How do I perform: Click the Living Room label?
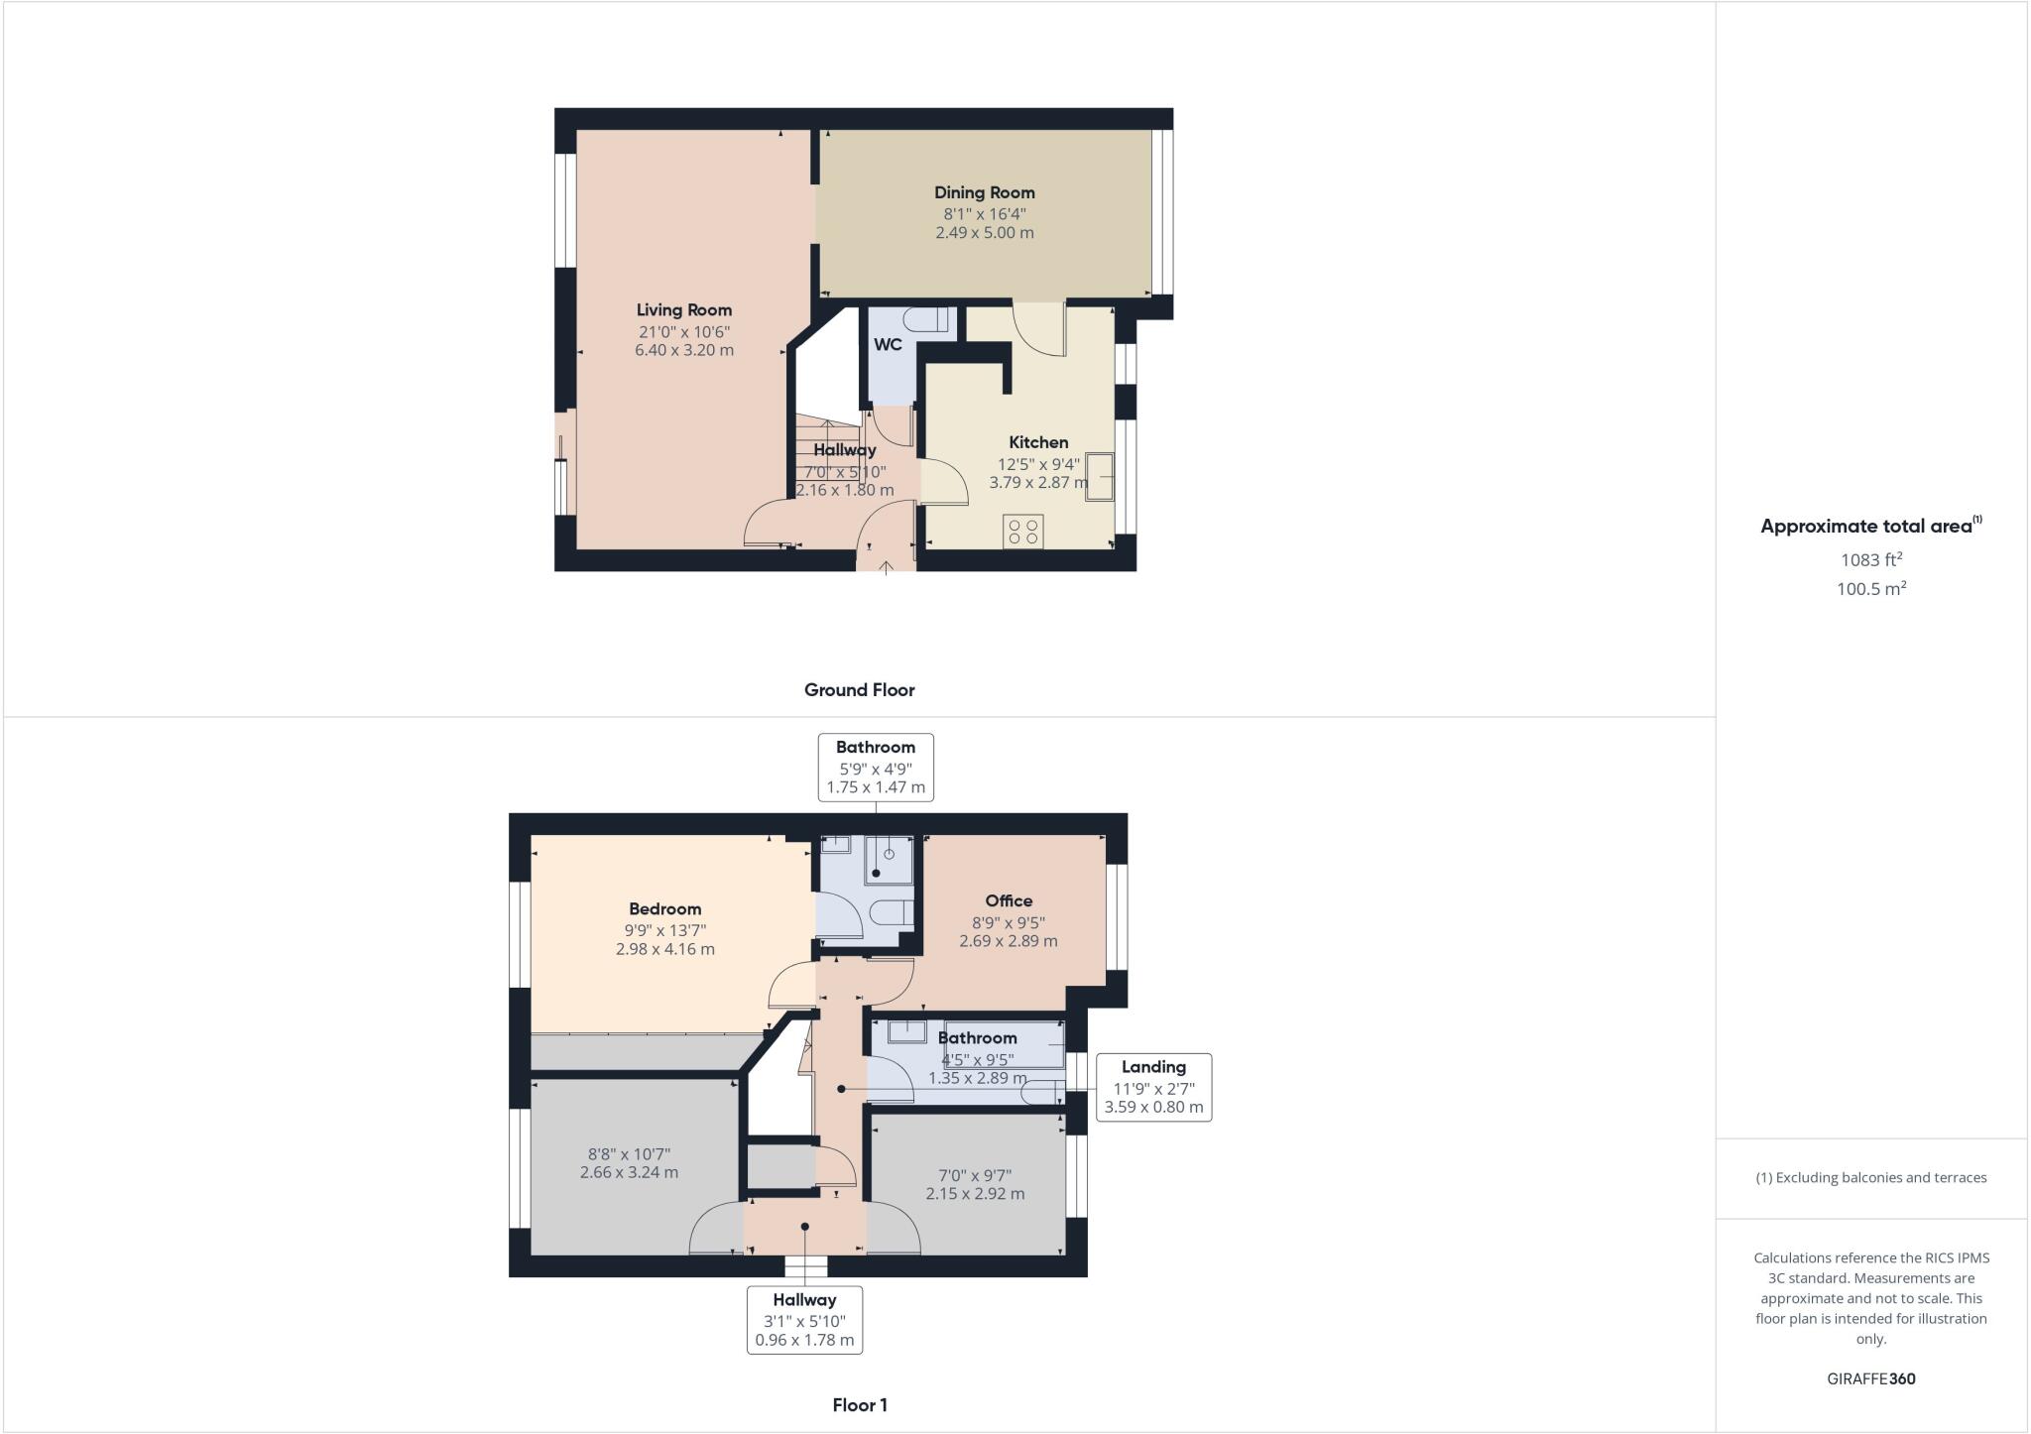[x=684, y=310]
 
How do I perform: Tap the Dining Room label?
[x=984, y=192]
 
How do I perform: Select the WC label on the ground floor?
[x=888, y=345]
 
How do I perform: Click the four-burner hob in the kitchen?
[x=1023, y=531]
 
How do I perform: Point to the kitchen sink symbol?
[x=1100, y=477]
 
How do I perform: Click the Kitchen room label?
[x=1038, y=442]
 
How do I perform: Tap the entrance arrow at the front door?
[x=886, y=566]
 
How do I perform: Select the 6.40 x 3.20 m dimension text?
[x=684, y=350]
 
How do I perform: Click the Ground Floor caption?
[x=859, y=690]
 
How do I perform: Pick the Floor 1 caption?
[x=860, y=1405]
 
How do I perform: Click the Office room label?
[x=1009, y=900]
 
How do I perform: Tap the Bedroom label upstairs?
[x=664, y=908]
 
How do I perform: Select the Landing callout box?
[x=1153, y=1087]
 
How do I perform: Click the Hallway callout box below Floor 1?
[x=804, y=1320]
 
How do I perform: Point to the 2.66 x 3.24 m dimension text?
[x=629, y=1172]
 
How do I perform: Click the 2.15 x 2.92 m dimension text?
[x=975, y=1194]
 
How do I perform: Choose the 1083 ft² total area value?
[x=1871, y=559]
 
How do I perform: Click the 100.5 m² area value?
[x=1871, y=588]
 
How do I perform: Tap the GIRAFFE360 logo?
[x=1871, y=1378]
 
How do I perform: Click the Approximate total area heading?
[x=1871, y=526]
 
